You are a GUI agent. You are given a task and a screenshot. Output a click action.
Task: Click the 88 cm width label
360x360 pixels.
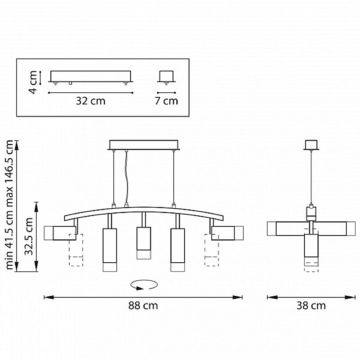point(143,305)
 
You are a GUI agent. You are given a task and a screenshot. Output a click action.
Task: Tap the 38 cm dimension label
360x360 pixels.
point(311,305)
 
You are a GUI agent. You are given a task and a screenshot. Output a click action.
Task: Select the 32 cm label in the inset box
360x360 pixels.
point(91,101)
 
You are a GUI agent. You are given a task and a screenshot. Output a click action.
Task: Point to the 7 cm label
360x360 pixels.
point(166,101)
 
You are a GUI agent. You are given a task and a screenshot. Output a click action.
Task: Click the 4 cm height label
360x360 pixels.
point(32,82)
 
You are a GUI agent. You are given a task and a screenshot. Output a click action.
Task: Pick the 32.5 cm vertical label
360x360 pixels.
point(29,236)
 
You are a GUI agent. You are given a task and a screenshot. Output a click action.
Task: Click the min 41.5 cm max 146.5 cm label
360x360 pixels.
point(10,205)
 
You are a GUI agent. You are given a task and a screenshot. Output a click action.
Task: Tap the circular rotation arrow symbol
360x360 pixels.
point(144,284)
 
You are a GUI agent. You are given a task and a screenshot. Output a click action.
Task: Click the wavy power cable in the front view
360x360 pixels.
point(126,177)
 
